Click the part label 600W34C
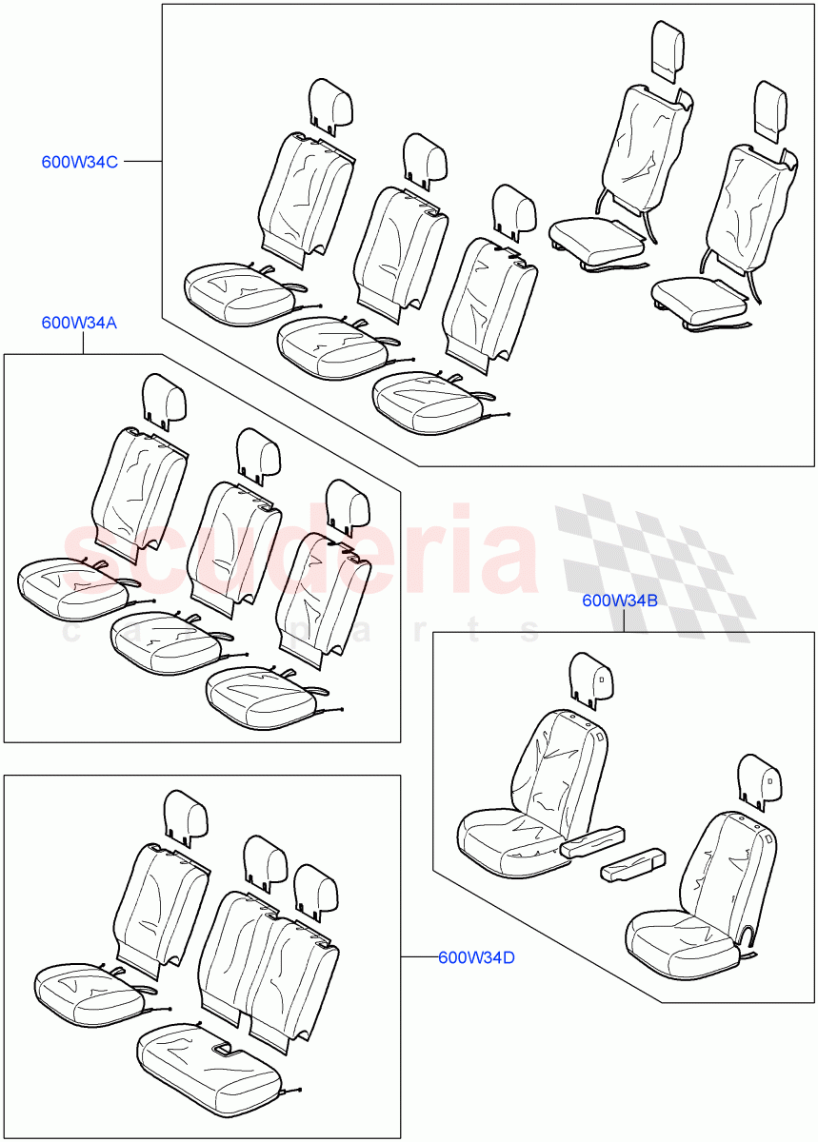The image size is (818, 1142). point(80,162)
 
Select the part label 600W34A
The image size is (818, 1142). point(79,323)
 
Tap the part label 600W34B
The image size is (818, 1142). point(620,601)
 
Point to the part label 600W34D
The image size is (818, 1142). point(477,957)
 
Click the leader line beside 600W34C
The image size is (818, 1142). point(143,161)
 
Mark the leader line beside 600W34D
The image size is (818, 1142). point(419,957)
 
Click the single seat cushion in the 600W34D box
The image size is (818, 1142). point(90,994)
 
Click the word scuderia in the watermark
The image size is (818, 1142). point(301,551)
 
